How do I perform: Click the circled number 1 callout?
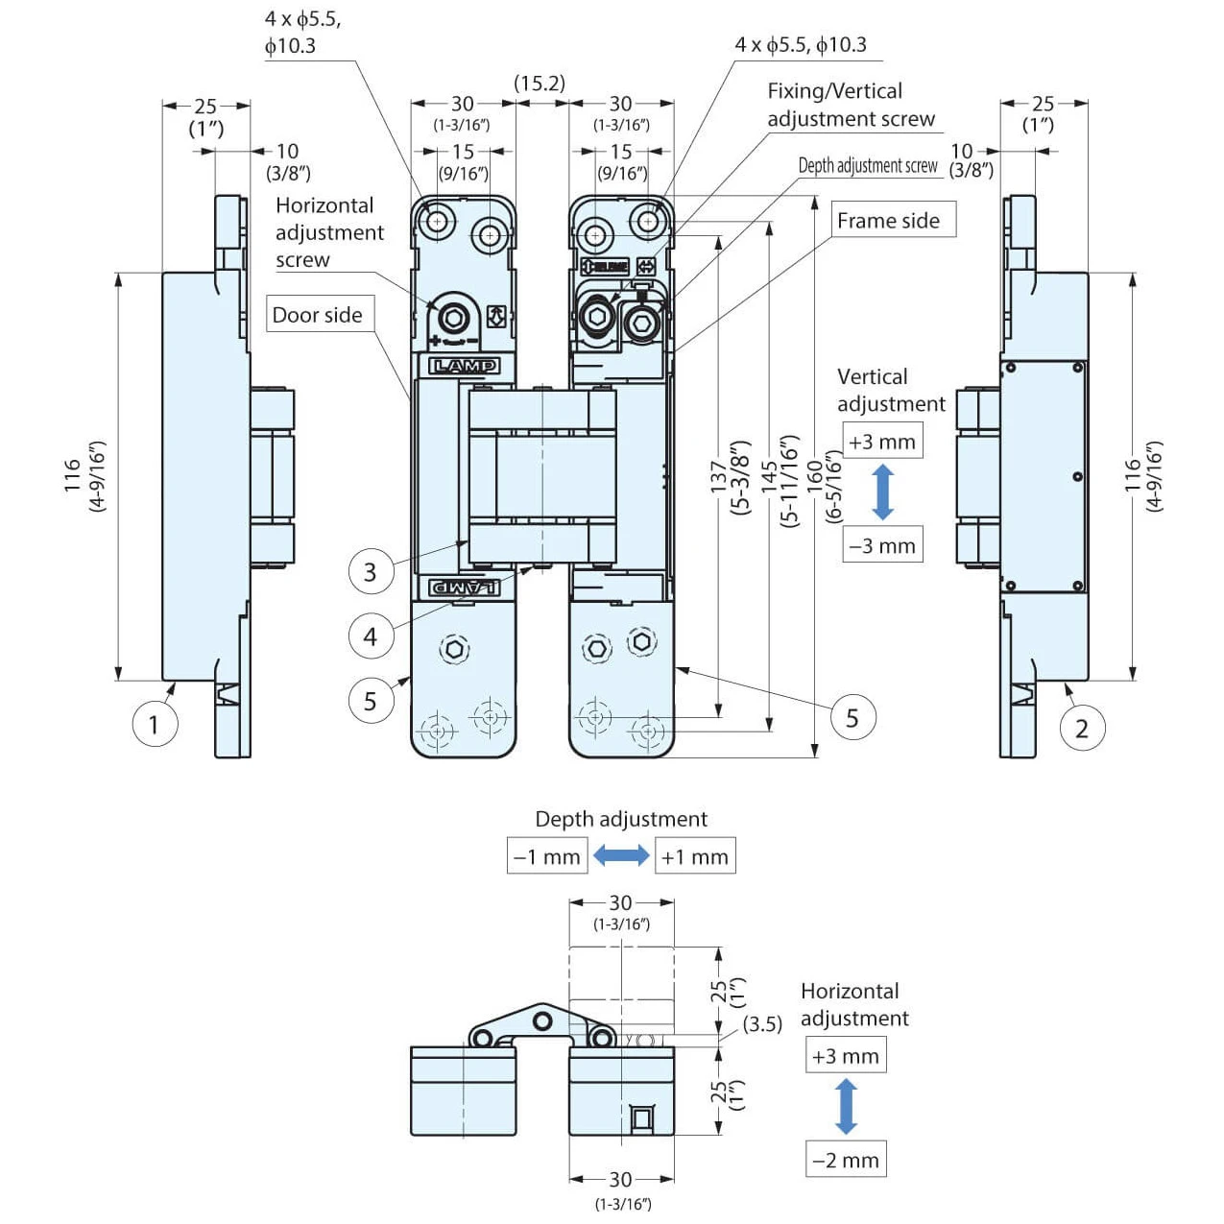[154, 723]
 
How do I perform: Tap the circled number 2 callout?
[1082, 729]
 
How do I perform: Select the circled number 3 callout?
[370, 572]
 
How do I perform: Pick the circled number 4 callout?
[370, 636]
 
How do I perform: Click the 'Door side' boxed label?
[317, 315]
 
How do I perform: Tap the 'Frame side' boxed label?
[888, 221]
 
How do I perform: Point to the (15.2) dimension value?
[540, 84]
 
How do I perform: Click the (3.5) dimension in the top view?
[762, 1023]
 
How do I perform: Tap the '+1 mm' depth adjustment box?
[694, 856]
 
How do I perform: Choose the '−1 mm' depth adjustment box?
[547, 856]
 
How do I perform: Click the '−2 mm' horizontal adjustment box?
[845, 1160]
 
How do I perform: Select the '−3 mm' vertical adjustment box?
[881, 545]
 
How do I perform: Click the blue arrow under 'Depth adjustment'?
[621, 855]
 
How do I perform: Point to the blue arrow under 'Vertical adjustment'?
[883, 492]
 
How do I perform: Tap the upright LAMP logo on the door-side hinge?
[464, 366]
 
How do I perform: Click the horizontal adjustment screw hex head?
[452, 318]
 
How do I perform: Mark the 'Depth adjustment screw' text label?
[868, 165]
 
